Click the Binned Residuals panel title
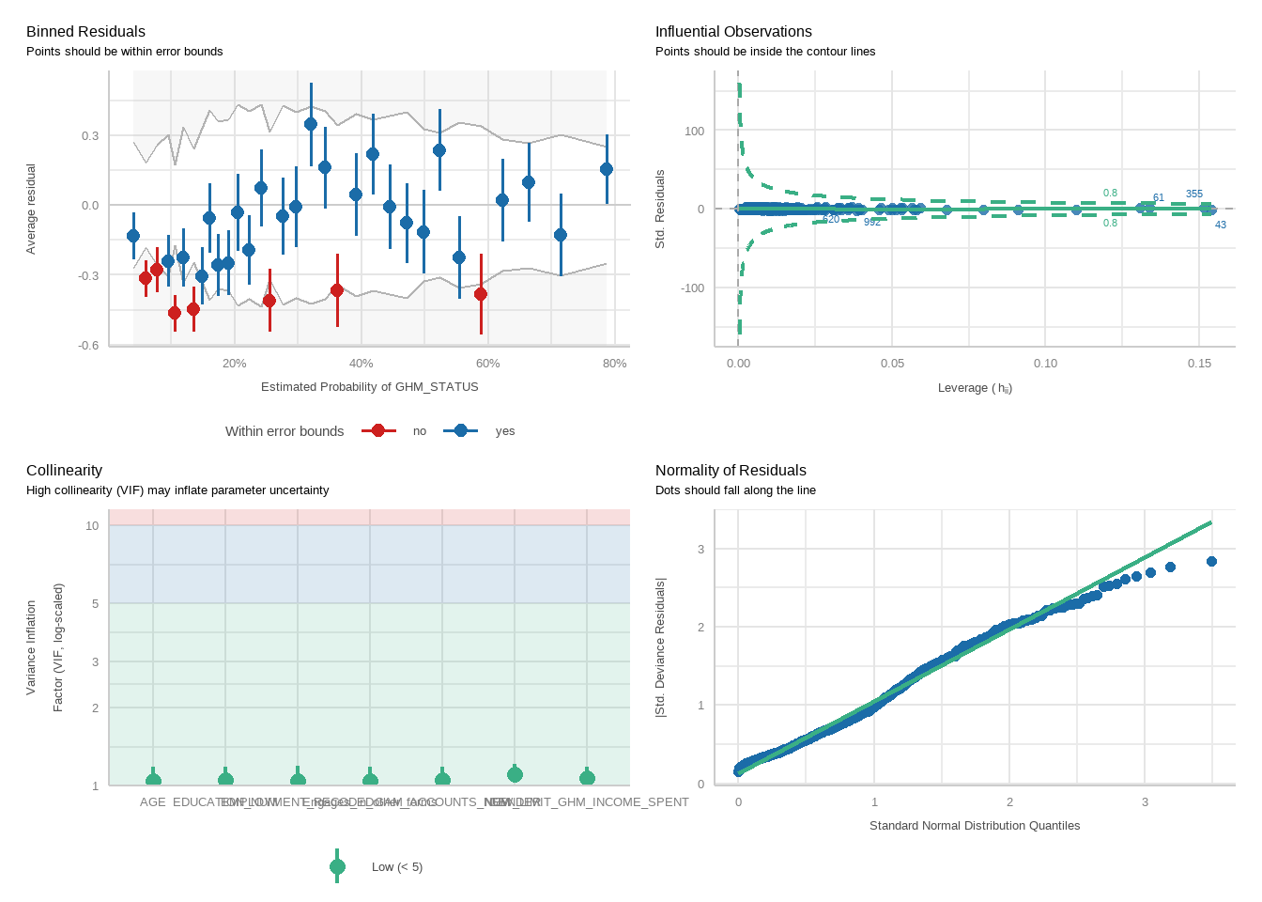click(x=85, y=32)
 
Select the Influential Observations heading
click(x=733, y=32)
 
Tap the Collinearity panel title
click(x=64, y=471)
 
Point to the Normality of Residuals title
click(x=731, y=471)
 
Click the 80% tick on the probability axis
click(x=614, y=364)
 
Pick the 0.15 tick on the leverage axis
click(x=1199, y=364)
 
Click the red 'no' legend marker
click(x=377, y=431)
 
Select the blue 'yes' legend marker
click(x=460, y=431)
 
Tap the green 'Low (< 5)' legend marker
click(x=338, y=866)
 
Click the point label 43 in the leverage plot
click(x=1220, y=225)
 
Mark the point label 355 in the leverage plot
click(x=1193, y=194)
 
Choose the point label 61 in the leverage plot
click(x=1158, y=198)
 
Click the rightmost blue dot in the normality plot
click(x=1211, y=562)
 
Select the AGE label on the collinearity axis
click(x=152, y=802)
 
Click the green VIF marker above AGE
click(x=153, y=780)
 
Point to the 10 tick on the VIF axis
click(x=92, y=526)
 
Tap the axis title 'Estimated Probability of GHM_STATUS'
click(x=369, y=387)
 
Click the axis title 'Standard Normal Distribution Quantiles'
click(x=974, y=826)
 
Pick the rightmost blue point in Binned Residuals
click(x=607, y=169)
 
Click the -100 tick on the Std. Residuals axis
click(x=693, y=288)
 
